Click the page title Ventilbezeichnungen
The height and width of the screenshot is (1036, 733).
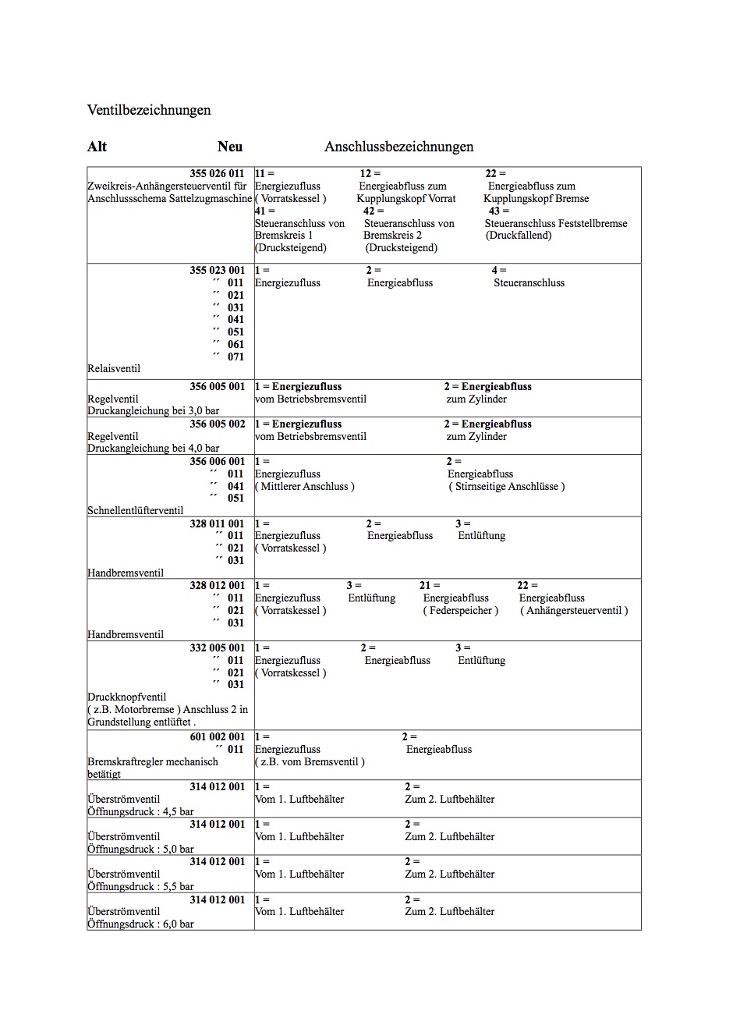click(x=149, y=110)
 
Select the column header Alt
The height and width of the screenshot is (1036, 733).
click(x=97, y=147)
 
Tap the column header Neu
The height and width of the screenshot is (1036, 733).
click(x=230, y=147)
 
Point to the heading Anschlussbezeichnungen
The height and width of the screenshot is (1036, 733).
click(x=398, y=147)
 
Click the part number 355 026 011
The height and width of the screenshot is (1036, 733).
click(x=217, y=173)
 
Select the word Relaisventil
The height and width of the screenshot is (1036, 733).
click(x=114, y=368)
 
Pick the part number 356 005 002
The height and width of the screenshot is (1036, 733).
click(x=217, y=424)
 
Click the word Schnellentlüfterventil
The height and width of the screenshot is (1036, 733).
click(x=136, y=510)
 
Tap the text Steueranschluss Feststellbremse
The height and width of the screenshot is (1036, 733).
click(x=556, y=223)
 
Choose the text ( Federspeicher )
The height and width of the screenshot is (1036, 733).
click(x=460, y=610)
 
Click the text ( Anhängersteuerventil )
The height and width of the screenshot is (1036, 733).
click(x=574, y=610)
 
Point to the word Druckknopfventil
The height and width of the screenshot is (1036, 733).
click(x=126, y=697)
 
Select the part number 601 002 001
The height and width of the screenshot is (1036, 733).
click(x=217, y=736)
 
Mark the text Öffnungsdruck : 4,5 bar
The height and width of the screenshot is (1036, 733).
click(x=140, y=811)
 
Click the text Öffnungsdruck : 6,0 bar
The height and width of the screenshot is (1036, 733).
click(x=140, y=924)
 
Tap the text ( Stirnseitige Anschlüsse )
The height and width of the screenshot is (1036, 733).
click(x=506, y=486)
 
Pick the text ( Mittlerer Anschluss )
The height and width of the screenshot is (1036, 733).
click(x=305, y=486)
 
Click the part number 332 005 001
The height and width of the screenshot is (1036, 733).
click(x=217, y=647)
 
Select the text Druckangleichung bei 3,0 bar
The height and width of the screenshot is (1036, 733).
click(x=154, y=410)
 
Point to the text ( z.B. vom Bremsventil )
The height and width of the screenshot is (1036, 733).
click(x=310, y=761)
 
